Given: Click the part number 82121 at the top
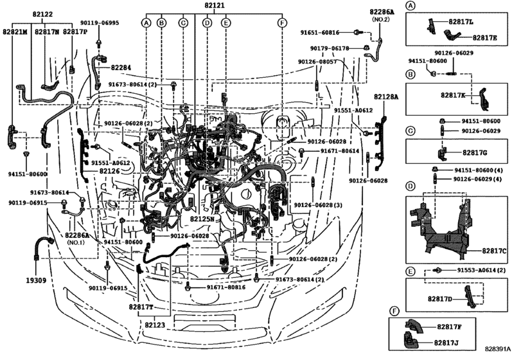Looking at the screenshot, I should point(215,5).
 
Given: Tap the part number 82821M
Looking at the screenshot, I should point(15,30).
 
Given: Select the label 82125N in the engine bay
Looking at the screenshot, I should point(202,219).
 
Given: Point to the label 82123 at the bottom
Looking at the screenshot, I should point(155,325).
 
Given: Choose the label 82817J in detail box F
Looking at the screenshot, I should point(447,342).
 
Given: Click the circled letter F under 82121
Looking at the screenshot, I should point(281,23).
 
